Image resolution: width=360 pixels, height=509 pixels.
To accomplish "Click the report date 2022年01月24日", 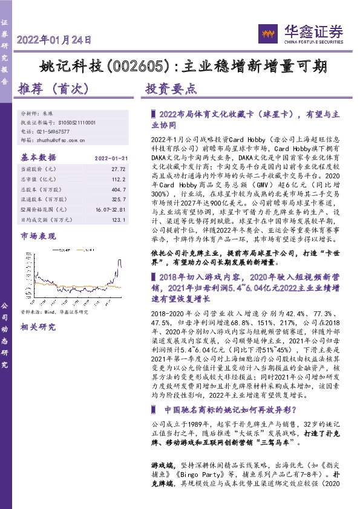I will click(x=54, y=41).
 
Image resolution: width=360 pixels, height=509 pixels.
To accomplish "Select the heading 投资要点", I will click(x=171, y=88).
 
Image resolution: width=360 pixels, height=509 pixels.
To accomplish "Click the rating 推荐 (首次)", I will click(x=55, y=88).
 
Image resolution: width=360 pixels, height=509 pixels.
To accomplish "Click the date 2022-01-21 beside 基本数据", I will click(x=110, y=159).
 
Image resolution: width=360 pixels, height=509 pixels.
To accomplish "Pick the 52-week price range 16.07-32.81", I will click(x=109, y=209).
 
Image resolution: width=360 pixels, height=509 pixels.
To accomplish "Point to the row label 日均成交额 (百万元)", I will click(x=45, y=218).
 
